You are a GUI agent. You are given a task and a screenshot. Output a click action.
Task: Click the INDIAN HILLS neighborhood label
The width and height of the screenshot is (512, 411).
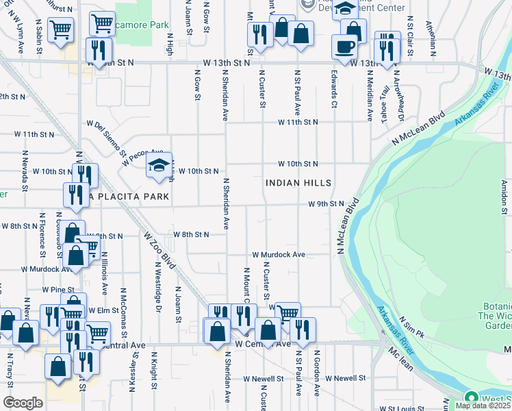[298, 183]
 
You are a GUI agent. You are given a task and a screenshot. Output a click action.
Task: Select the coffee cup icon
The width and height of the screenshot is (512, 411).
[344, 47]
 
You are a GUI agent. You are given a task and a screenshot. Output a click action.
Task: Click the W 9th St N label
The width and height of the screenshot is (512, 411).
[325, 204]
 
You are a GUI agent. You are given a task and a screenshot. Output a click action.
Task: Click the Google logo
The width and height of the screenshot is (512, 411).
[23, 403]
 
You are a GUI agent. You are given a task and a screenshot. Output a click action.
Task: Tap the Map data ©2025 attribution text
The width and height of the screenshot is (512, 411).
[483, 406]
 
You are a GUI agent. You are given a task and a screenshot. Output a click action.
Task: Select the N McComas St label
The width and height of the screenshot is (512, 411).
[124, 305]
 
